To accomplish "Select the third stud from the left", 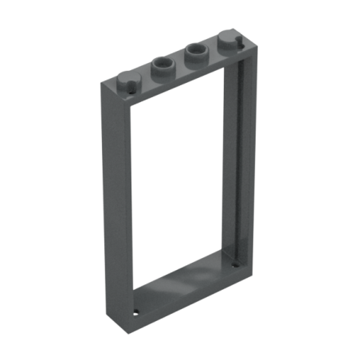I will pyautogui.click(x=194, y=56).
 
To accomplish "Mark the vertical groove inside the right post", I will pyautogui.click(x=235, y=159).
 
